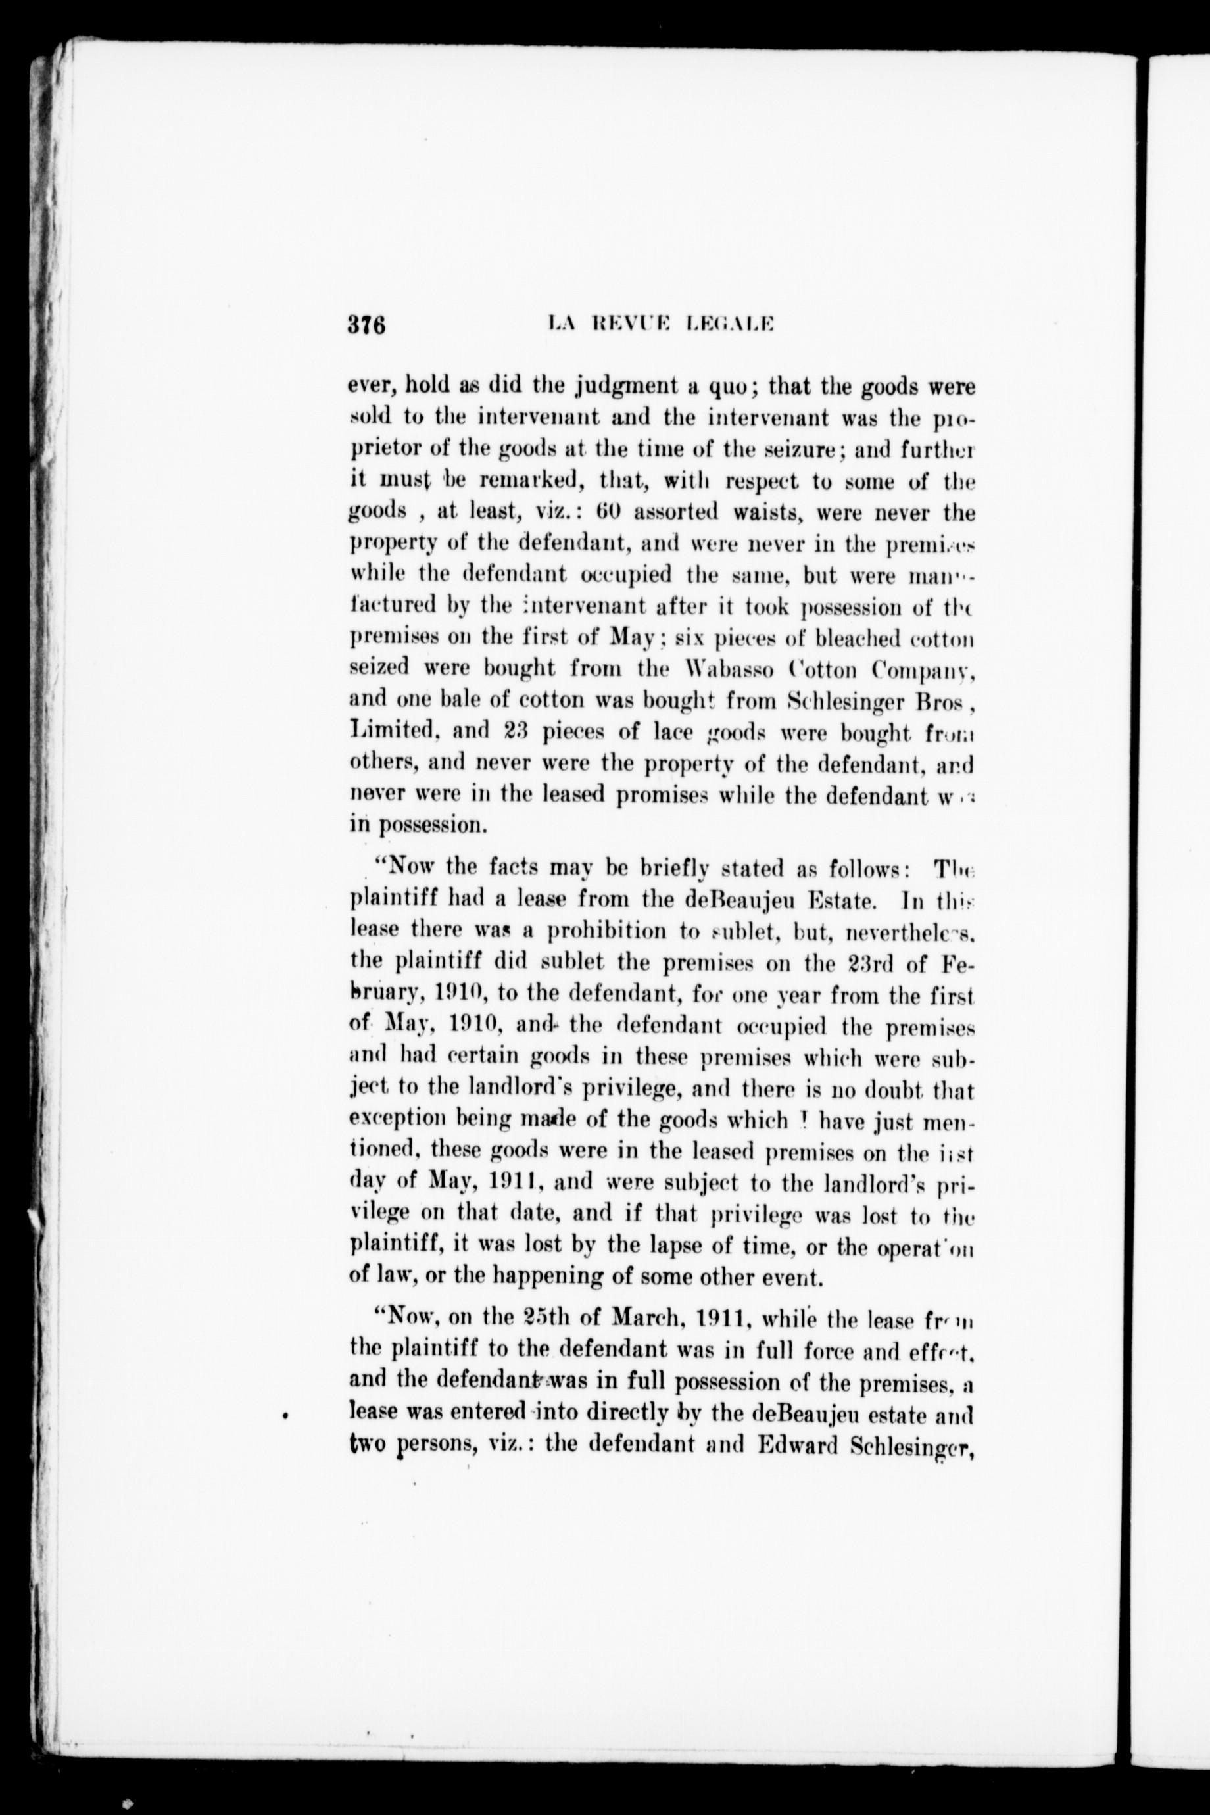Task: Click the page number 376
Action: click(366, 324)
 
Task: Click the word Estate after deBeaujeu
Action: click(837, 899)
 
